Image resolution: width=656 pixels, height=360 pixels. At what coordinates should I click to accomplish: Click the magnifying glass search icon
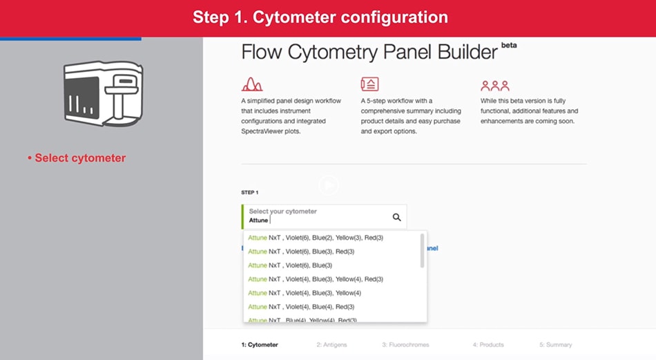pos(396,217)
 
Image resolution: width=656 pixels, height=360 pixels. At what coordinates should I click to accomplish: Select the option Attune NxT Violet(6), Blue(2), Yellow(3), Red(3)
pos(316,238)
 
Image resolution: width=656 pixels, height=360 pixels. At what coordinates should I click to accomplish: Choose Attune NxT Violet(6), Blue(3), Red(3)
pos(301,252)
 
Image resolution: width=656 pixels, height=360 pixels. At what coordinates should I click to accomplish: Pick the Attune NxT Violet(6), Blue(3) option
pos(290,265)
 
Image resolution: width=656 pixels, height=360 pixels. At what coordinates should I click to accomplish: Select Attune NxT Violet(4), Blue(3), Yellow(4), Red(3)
pos(316,279)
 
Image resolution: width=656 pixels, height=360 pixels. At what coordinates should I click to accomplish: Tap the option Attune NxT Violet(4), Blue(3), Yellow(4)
pos(305,293)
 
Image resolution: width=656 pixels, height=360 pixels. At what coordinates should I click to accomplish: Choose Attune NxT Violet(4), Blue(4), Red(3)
pos(301,307)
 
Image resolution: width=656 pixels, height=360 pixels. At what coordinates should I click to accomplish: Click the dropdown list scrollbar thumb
pos(422,250)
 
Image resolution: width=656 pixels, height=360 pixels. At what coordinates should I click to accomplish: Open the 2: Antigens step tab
pos(331,345)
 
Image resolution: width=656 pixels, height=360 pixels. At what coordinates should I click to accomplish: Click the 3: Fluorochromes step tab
pos(405,345)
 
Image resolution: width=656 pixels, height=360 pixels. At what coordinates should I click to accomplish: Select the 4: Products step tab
pos(488,345)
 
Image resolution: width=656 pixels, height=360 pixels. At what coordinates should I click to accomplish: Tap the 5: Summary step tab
pos(556,345)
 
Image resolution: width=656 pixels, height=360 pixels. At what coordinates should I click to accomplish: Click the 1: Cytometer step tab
pos(260,345)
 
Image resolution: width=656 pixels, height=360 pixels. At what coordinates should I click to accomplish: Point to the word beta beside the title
pos(509,45)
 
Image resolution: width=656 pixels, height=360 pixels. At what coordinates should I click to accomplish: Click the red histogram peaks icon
pos(252,84)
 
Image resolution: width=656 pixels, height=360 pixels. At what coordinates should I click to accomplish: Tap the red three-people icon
pos(495,86)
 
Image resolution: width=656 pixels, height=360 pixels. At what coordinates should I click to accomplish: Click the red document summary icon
pos(369,84)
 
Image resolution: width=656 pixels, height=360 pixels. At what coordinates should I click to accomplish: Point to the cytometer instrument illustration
pos(104,93)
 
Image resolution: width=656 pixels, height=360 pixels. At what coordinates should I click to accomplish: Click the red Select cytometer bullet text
pos(77,158)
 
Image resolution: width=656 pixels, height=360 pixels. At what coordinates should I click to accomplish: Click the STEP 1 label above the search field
pos(250,193)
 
